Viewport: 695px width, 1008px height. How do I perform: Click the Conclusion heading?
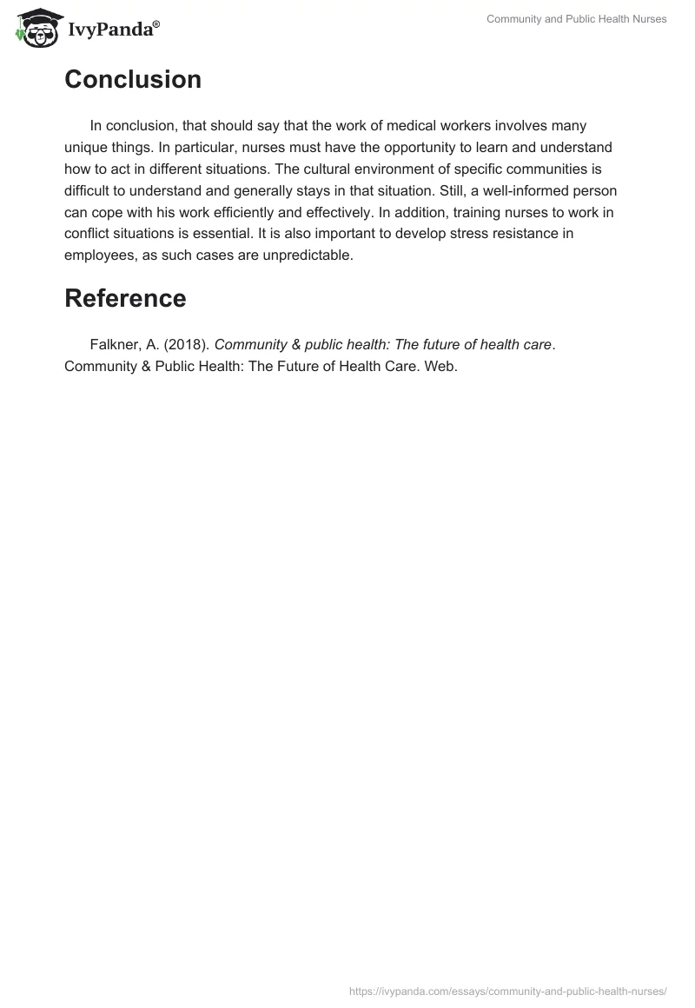tap(133, 80)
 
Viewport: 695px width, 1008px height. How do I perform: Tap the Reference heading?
tap(125, 298)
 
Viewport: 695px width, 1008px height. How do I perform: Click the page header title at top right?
tap(576, 19)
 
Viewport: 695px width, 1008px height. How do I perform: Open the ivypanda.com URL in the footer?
tap(507, 990)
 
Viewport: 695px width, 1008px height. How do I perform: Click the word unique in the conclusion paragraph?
tap(86, 146)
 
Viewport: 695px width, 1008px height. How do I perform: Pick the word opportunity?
tap(396, 146)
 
